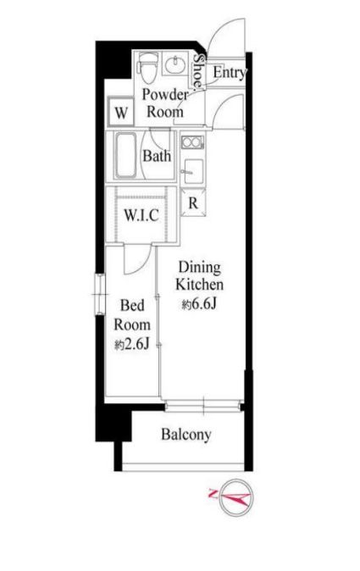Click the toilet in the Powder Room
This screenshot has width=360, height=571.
(x=147, y=68)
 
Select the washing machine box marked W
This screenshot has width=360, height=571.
(x=121, y=112)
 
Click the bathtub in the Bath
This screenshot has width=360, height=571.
(x=126, y=156)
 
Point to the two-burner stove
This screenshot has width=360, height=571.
(x=192, y=142)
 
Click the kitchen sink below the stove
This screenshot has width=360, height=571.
(x=193, y=171)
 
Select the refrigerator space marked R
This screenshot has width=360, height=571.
(x=193, y=202)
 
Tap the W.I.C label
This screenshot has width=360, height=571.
(x=141, y=215)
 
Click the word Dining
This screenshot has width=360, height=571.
(x=199, y=268)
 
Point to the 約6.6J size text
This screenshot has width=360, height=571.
(x=199, y=303)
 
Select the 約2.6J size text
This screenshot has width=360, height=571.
(x=132, y=344)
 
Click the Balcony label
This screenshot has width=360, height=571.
(x=186, y=434)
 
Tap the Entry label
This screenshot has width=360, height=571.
(x=230, y=72)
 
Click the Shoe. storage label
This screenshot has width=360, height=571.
(x=198, y=72)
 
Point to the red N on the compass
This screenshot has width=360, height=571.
(x=213, y=494)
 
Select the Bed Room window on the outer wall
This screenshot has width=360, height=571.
(x=100, y=293)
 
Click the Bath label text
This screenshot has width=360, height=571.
(x=157, y=156)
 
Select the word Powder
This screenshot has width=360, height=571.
(x=165, y=95)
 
